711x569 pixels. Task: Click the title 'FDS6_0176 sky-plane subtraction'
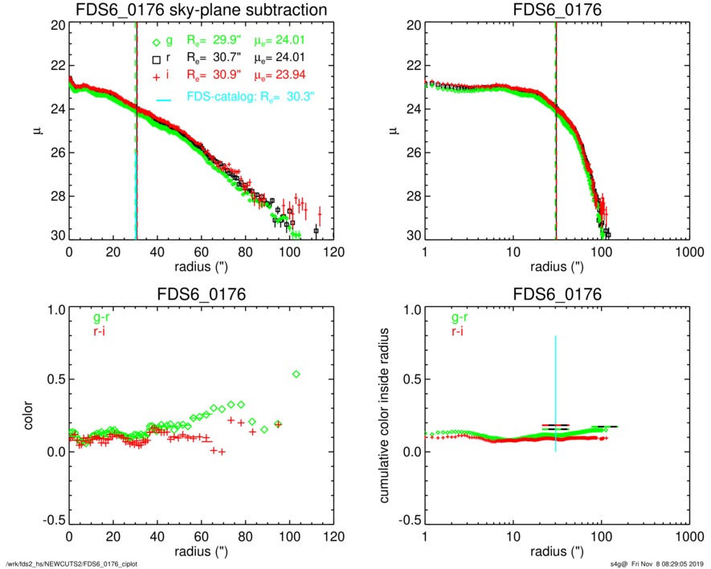202,11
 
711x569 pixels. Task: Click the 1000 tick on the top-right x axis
689,249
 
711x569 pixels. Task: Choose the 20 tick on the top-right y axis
411,25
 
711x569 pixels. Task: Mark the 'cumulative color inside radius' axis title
386,415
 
